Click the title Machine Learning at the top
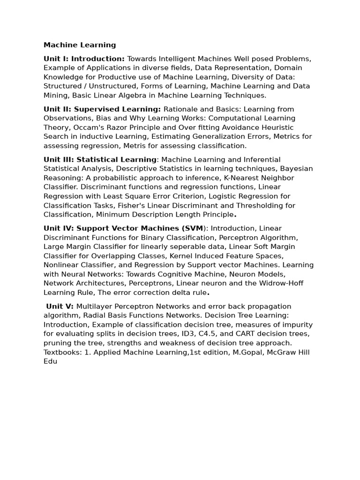(x=80, y=45)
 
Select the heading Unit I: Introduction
(x=84, y=59)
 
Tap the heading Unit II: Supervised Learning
(x=102, y=109)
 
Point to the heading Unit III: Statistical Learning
(x=100, y=159)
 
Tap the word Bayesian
(x=296, y=169)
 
